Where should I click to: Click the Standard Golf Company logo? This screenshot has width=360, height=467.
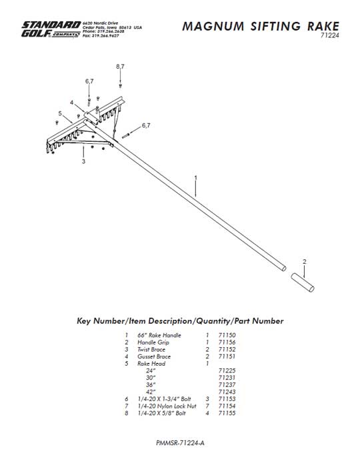[51, 29]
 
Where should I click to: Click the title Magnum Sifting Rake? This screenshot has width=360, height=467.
[261, 26]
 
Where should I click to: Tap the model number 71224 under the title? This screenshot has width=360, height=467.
[330, 35]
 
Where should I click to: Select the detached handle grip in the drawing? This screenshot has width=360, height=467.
[303, 282]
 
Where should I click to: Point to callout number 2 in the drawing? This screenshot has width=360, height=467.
[304, 262]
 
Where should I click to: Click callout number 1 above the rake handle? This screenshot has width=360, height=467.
[196, 178]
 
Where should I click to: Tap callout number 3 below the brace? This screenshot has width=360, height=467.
[83, 161]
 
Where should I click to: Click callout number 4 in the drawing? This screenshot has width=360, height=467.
[71, 103]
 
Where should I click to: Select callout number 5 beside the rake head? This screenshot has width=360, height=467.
[60, 113]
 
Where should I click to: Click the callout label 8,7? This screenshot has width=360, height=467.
[120, 67]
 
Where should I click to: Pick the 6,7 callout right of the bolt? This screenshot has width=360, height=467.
[146, 125]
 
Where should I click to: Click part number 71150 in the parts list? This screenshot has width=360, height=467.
[227, 335]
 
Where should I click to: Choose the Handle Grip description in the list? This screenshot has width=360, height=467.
[153, 342]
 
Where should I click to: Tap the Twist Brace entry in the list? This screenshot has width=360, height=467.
[151, 349]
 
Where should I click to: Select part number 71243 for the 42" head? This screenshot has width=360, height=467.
[227, 392]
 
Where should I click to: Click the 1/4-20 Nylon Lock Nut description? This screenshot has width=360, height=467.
[167, 406]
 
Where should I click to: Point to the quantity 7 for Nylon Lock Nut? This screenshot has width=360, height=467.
[207, 406]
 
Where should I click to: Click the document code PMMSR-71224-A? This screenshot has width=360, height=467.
[180, 443]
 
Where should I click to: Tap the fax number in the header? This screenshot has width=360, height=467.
[101, 36]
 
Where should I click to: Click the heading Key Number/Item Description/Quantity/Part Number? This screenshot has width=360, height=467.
[180, 321]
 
